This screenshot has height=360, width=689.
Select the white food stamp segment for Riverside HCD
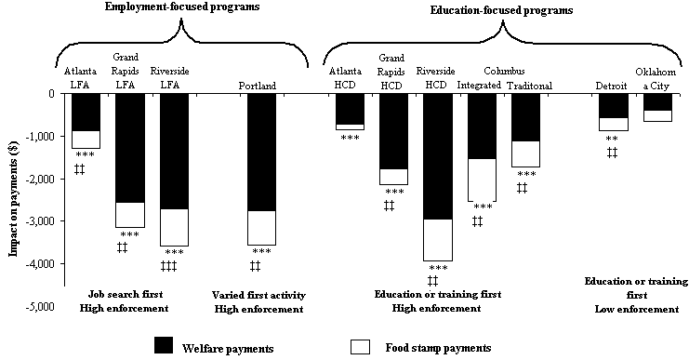point(437,240)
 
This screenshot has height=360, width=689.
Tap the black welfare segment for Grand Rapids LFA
point(129,147)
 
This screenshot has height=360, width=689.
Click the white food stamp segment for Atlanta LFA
point(86,140)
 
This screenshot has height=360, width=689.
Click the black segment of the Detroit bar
point(613,105)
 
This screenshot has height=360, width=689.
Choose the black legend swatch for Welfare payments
point(175,346)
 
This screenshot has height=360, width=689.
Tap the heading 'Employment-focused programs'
point(182,7)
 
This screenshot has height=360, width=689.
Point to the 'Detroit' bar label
point(612,86)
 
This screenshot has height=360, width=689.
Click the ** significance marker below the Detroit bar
point(612,139)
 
